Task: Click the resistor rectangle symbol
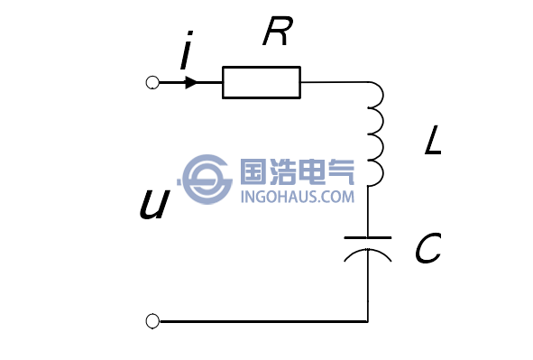(x=262, y=83)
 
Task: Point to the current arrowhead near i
(x=190, y=83)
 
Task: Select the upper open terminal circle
(x=152, y=83)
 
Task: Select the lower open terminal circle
(x=152, y=320)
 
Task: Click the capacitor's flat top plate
(x=368, y=237)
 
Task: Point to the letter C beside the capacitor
(x=427, y=249)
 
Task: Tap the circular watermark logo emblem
(x=207, y=179)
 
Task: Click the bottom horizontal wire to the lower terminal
(x=262, y=320)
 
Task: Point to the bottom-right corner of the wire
(x=368, y=320)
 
